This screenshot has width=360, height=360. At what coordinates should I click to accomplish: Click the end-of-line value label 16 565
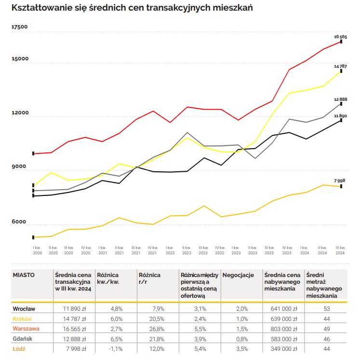[340, 37]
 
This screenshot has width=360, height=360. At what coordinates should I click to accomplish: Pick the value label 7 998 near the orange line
[340, 180]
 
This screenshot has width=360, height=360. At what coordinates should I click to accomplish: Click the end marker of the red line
[341, 42]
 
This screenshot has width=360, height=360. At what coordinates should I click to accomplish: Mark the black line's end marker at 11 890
[341, 120]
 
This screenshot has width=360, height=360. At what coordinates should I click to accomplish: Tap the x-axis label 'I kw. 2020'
[37, 250]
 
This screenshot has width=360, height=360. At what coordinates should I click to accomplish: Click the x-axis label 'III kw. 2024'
[340, 250]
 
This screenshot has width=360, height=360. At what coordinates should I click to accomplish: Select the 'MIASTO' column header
[24, 275]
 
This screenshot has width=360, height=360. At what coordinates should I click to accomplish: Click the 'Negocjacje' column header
[239, 275]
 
